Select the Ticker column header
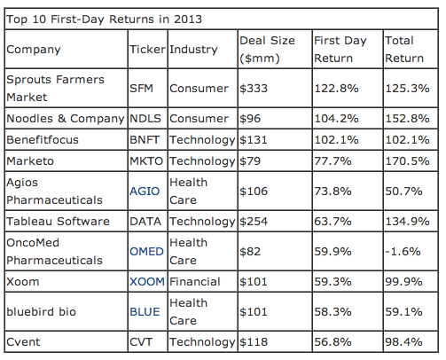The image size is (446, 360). (x=146, y=50)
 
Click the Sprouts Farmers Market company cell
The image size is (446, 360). (x=54, y=89)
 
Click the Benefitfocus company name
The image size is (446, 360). (x=44, y=140)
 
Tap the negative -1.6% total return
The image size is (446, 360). (x=400, y=252)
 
